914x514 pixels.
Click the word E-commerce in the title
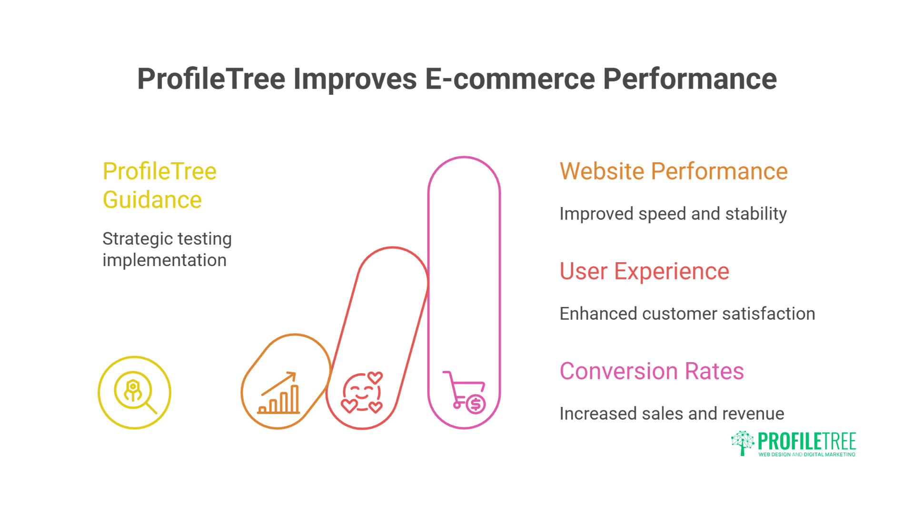pos(510,79)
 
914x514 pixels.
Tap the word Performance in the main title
pos(690,79)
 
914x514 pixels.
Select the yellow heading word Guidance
pos(152,200)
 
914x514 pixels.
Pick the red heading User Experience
pos(644,271)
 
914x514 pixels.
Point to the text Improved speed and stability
pos(673,214)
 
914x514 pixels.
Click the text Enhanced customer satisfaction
pos(687,314)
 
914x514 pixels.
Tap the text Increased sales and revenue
pos(672,414)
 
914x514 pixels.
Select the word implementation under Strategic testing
pos(164,260)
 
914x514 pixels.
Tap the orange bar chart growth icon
pos(279,393)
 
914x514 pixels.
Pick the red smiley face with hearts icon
pos(362,392)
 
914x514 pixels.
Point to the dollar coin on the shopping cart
pos(476,404)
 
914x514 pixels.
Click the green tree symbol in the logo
pos(743,443)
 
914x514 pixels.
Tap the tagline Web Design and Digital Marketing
pos(807,455)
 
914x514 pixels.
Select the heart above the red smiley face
pos(375,378)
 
